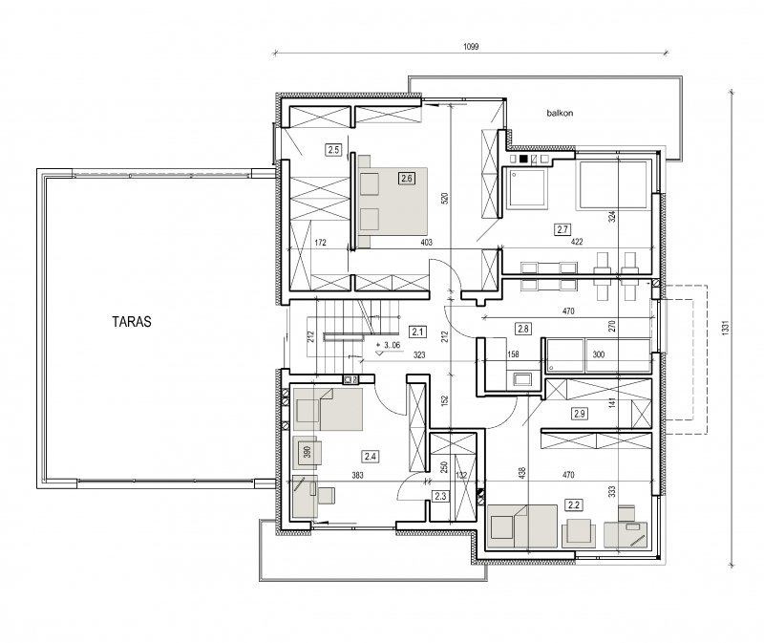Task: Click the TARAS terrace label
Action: (x=132, y=322)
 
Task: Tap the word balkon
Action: (x=560, y=113)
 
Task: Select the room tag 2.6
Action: (x=407, y=179)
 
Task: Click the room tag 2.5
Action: (x=333, y=150)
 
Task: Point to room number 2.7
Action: (x=562, y=229)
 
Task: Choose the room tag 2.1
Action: (x=417, y=332)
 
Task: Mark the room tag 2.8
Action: (x=523, y=329)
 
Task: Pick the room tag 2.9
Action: (x=580, y=414)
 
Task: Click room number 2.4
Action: (x=371, y=457)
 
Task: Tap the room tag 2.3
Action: (x=440, y=496)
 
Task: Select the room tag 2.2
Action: (x=574, y=505)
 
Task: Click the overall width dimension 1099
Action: (x=471, y=47)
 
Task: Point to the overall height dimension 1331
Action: (x=726, y=328)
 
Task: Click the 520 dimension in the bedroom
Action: (x=444, y=198)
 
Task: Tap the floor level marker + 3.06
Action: (x=389, y=345)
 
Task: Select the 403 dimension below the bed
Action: (x=426, y=242)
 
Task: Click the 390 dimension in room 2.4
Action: (x=307, y=452)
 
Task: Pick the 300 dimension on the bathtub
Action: (x=599, y=354)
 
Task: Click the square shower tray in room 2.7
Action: (x=526, y=189)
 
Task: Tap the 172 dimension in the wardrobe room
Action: (x=320, y=243)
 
